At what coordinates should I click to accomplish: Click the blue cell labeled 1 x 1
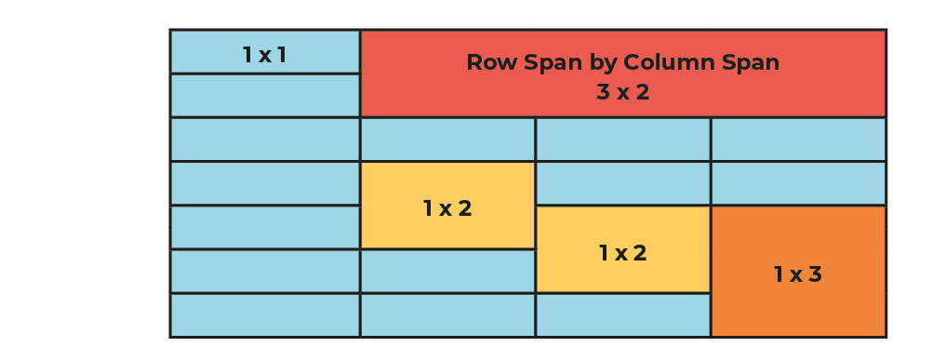pyautogui.click(x=264, y=52)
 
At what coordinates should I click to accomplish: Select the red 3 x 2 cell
pyautogui.click(x=622, y=74)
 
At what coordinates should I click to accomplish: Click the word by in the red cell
pyautogui.click(x=603, y=63)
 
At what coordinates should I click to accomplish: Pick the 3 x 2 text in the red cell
pyautogui.click(x=622, y=93)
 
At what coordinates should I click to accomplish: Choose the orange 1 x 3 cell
pyautogui.click(x=798, y=271)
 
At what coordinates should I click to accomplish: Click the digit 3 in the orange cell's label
pyautogui.click(x=816, y=274)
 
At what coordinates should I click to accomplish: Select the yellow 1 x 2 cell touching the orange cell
pyautogui.click(x=622, y=249)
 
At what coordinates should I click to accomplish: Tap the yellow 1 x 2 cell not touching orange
pyautogui.click(x=447, y=206)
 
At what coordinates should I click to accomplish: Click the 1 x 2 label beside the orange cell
pyautogui.click(x=622, y=253)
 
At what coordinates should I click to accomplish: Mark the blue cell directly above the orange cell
pyautogui.click(x=798, y=183)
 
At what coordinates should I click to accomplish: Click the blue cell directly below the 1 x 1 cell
pyautogui.click(x=264, y=96)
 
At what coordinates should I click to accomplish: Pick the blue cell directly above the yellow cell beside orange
pyautogui.click(x=622, y=183)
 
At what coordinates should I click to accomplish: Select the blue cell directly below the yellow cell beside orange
pyautogui.click(x=622, y=315)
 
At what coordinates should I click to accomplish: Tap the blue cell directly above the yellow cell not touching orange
pyautogui.click(x=447, y=140)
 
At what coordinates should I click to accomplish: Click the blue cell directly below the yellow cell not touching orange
pyautogui.click(x=447, y=272)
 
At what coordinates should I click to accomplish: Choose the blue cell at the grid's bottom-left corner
pyautogui.click(x=264, y=315)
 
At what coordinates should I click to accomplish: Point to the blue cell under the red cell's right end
pyautogui.click(x=798, y=140)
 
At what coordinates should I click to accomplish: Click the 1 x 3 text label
pyautogui.click(x=798, y=274)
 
